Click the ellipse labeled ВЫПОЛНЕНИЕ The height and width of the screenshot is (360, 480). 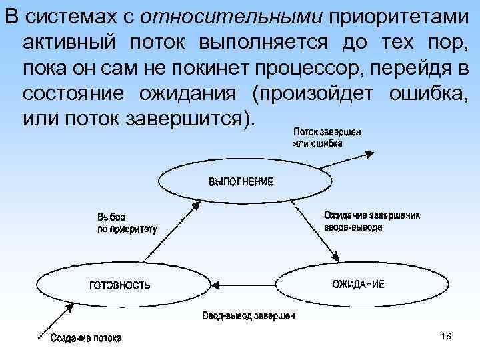click(x=231, y=181)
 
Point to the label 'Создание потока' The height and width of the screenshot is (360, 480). click(x=86, y=339)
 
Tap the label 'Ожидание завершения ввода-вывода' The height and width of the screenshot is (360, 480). click(x=371, y=221)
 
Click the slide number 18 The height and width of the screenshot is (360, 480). click(x=446, y=336)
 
